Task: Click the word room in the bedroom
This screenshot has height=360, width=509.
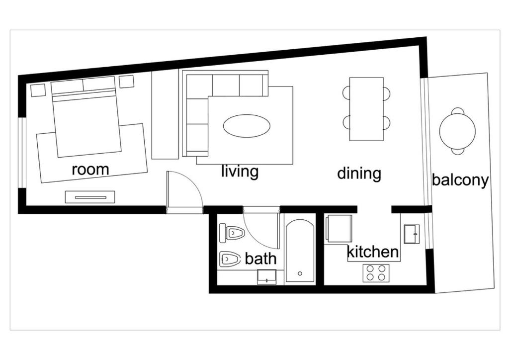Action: pos(90,169)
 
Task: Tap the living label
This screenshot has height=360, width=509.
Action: pos(240,171)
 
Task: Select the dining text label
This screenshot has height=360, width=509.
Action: pos(359,174)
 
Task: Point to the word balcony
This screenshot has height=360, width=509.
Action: pos(460,180)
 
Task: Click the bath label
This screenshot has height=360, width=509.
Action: pos(260,259)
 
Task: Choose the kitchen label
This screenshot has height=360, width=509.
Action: pos(373,252)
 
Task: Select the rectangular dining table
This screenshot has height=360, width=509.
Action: pos(366,109)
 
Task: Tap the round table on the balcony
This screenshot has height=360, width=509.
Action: pos(457,131)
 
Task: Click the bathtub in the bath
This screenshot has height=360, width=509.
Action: pos(300,252)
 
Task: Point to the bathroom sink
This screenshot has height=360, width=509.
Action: pos(266,276)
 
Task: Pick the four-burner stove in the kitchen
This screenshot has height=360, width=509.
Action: pos(376,272)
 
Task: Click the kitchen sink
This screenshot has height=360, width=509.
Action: pos(412,234)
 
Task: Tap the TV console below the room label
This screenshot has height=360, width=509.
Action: pos(90,197)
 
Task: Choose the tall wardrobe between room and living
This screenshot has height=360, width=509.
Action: pos(165,114)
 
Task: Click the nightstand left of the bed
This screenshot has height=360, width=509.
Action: pos(38,90)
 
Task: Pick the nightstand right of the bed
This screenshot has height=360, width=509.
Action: pos(127,81)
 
